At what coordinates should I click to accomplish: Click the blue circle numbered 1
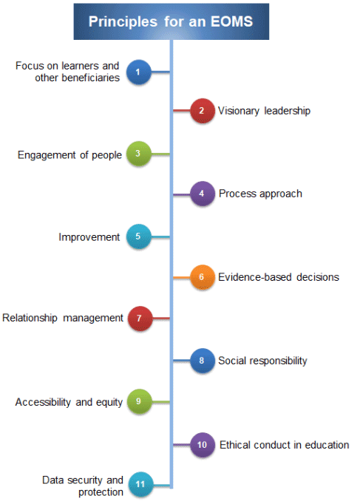(138, 72)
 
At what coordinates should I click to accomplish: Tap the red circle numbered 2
(202, 111)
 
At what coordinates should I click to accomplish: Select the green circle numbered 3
(138, 154)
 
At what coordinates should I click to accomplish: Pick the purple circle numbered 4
(202, 194)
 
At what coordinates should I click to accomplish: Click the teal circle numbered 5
(138, 236)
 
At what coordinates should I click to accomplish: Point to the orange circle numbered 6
(202, 277)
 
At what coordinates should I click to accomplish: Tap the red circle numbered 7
(140, 318)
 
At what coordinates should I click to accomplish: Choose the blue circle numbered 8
(202, 361)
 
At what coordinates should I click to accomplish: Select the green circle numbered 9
(139, 401)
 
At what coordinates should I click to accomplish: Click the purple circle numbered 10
(202, 445)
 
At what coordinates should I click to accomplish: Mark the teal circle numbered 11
(140, 485)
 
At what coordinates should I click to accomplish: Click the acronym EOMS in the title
(231, 21)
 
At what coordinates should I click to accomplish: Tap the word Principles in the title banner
(123, 22)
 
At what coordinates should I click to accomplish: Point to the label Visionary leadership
(264, 111)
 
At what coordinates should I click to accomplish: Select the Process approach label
(260, 194)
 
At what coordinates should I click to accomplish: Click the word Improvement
(89, 237)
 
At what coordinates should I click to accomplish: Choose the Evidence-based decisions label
(279, 277)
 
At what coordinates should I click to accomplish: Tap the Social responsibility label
(262, 361)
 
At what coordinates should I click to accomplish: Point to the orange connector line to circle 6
(182, 277)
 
